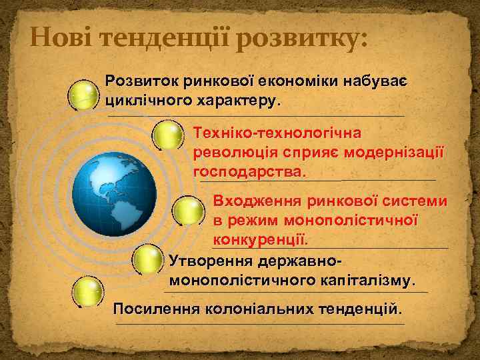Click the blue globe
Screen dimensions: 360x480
coord(114,194)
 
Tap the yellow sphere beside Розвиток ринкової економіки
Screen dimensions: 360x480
coord(85,95)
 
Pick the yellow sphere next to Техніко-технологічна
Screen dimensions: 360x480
coord(167,136)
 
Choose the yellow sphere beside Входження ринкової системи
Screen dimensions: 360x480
coord(189,211)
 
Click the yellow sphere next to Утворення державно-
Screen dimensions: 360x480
coord(148,259)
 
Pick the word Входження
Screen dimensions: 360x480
coord(257,201)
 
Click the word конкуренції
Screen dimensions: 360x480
coord(260,238)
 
